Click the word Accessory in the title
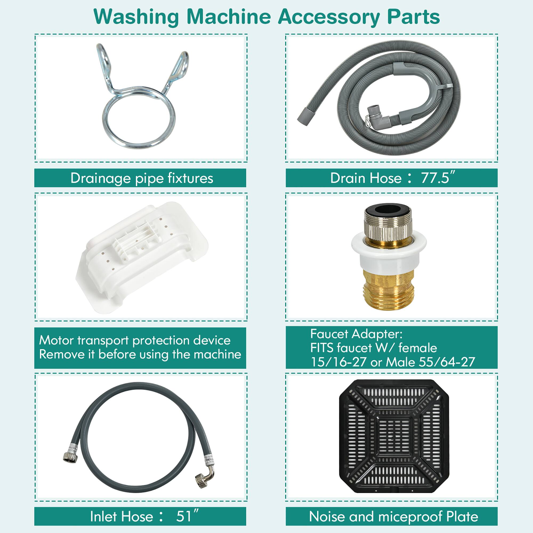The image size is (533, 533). [x=329, y=17]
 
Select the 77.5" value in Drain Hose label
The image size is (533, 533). [x=438, y=178]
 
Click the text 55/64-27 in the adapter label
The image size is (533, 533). [x=447, y=362]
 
